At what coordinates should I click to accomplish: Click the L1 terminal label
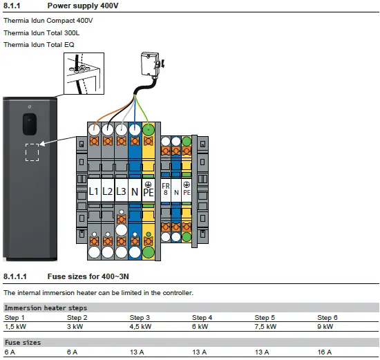click(x=93, y=191)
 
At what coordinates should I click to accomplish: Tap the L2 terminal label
click(x=107, y=191)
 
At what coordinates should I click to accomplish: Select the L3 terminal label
click(x=121, y=191)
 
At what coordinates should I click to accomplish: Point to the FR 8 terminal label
click(x=166, y=189)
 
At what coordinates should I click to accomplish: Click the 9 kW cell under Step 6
click(x=325, y=327)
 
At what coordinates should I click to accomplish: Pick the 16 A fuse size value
click(x=325, y=352)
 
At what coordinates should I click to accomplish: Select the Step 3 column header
click(x=140, y=318)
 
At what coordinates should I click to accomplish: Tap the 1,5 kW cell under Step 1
click(x=15, y=327)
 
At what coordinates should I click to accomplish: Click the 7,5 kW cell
click(x=265, y=327)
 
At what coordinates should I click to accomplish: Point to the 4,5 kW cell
click(x=140, y=327)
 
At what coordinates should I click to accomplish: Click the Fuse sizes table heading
click(x=23, y=343)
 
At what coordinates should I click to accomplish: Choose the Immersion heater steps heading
click(x=46, y=308)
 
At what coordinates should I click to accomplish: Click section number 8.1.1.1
click(x=15, y=276)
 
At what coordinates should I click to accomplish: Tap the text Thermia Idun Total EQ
click(x=39, y=45)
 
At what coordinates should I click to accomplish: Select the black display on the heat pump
click(x=30, y=124)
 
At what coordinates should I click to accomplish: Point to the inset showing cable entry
click(x=84, y=73)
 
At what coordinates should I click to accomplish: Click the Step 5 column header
click(x=265, y=318)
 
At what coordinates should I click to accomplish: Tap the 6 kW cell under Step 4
click(x=200, y=327)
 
